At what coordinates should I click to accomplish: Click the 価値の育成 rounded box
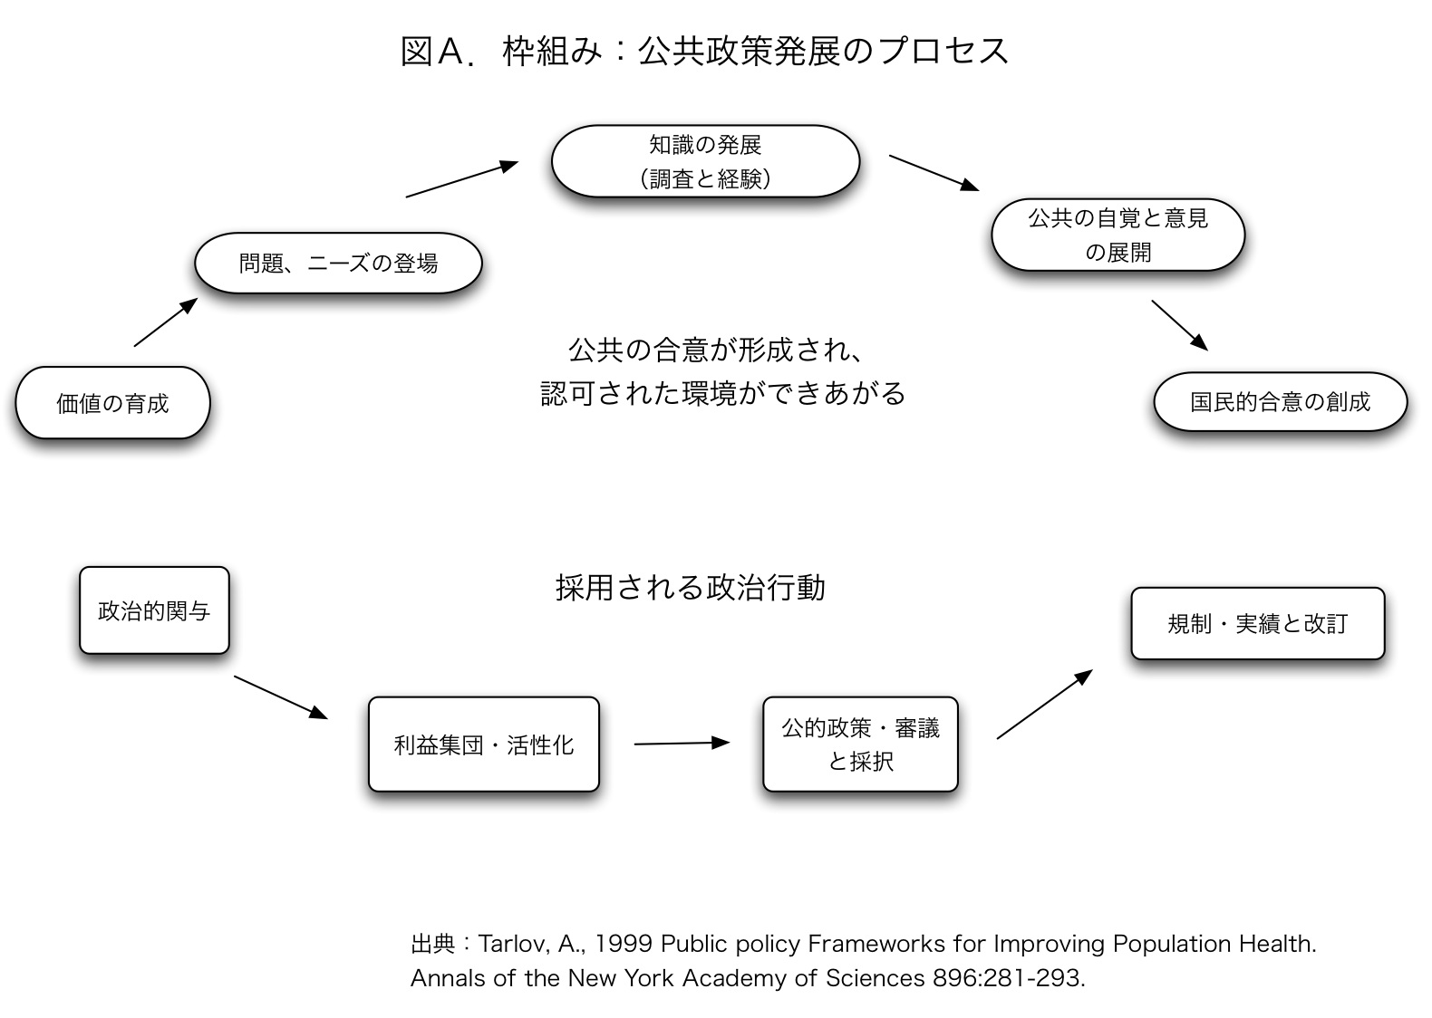113,402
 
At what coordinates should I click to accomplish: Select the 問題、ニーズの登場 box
338,264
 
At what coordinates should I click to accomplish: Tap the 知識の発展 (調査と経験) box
705,161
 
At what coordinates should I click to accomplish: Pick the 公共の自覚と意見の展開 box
1118,235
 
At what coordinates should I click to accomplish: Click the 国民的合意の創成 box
1281,402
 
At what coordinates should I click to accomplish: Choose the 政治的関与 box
154,610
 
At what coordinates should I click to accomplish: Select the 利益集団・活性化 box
483,744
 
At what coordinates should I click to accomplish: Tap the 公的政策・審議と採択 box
860,744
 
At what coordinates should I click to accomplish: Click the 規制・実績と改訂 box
1257,623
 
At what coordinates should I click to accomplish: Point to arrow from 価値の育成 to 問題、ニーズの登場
166,322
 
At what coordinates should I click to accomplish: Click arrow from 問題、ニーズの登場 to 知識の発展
461,178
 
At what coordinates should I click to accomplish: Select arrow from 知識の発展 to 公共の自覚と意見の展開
934,173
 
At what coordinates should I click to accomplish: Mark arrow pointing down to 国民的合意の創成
1179,326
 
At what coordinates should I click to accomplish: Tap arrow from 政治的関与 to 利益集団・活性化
281,697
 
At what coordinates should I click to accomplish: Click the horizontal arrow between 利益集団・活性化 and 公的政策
682,743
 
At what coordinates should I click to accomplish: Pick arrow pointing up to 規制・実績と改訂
1045,704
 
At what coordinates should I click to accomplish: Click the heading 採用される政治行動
691,588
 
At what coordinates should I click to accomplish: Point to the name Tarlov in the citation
513,943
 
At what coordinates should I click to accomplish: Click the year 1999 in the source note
623,943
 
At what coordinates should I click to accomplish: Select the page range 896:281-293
1008,978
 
